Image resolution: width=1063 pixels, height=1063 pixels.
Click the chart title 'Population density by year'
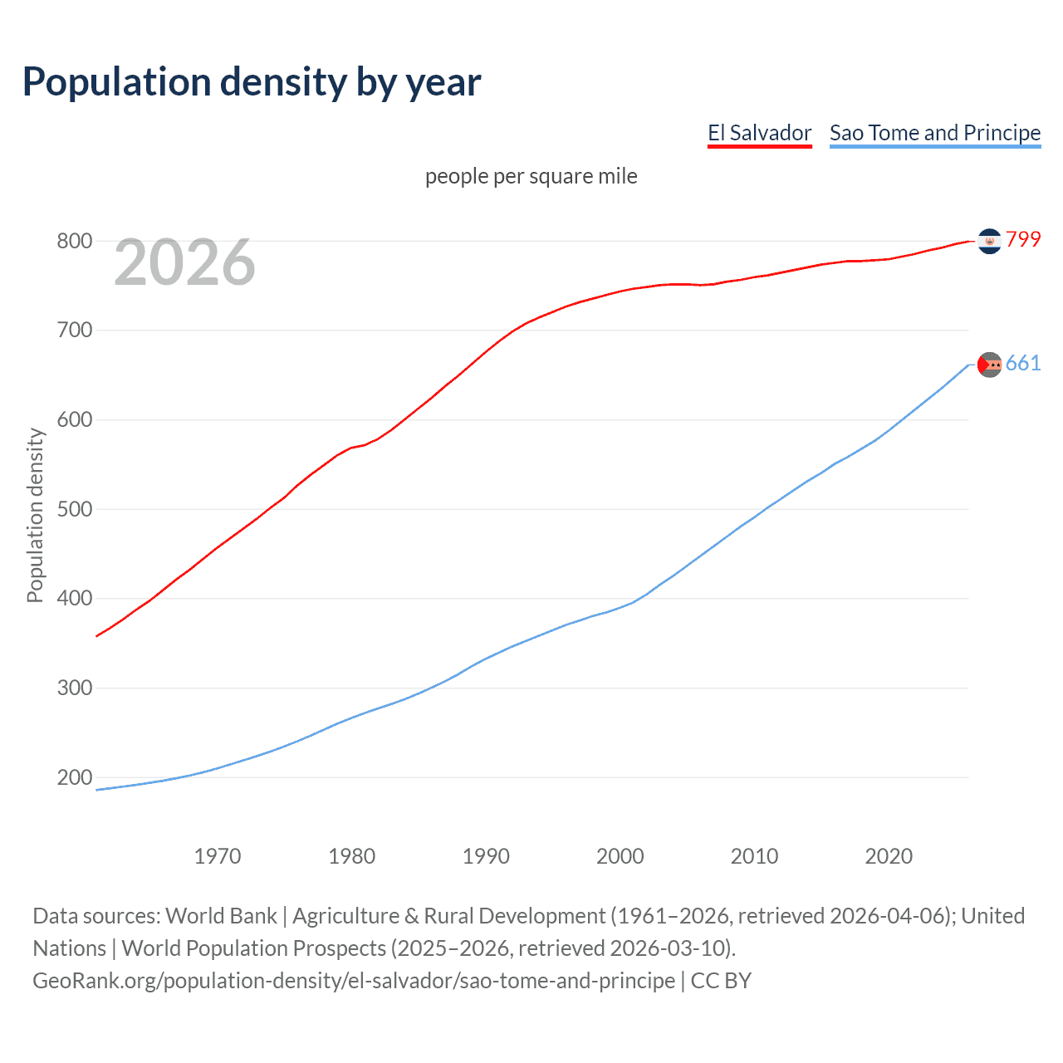(x=252, y=82)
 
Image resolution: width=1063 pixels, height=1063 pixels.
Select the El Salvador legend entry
(x=759, y=134)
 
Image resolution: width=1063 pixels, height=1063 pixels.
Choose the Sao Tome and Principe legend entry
(x=934, y=134)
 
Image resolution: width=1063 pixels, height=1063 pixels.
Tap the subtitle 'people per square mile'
(x=531, y=177)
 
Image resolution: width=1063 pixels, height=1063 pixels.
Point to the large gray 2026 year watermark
(x=184, y=263)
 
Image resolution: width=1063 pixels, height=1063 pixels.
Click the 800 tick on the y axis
(x=74, y=242)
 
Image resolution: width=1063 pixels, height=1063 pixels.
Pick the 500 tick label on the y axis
(x=74, y=509)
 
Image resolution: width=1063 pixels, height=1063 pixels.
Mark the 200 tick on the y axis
(x=74, y=778)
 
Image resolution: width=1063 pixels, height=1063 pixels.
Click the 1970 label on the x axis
(x=218, y=856)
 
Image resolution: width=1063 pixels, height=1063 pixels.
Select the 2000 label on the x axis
(x=620, y=856)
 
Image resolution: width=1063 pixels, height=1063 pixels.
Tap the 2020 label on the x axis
(x=889, y=856)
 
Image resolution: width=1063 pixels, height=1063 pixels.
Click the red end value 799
(x=1023, y=240)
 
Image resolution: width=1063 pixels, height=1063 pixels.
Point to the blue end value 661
(x=1023, y=364)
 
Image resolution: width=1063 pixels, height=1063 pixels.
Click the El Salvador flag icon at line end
(x=989, y=241)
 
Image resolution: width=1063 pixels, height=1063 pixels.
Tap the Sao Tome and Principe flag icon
(x=989, y=365)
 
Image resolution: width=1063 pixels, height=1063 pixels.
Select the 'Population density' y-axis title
(x=35, y=515)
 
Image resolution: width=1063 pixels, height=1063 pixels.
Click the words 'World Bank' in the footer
(x=221, y=916)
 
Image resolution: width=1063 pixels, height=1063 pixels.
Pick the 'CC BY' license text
(x=721, y=981)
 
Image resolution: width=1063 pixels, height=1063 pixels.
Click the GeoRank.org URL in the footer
(x=354, y=981)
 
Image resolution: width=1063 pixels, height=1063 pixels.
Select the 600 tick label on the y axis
(x=74, y=420)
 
